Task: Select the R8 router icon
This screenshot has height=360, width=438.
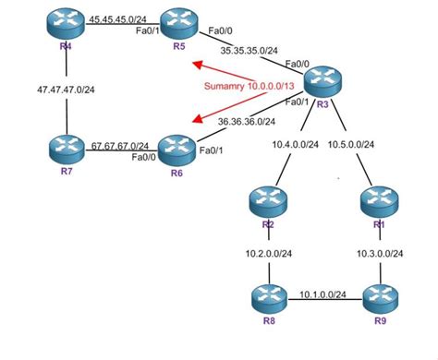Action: pos(268,300)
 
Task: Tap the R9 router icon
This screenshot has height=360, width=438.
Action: pos(379,300)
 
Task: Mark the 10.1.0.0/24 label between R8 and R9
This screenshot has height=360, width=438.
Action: pos(323,294)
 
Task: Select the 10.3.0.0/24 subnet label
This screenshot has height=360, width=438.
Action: pos(380,251)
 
